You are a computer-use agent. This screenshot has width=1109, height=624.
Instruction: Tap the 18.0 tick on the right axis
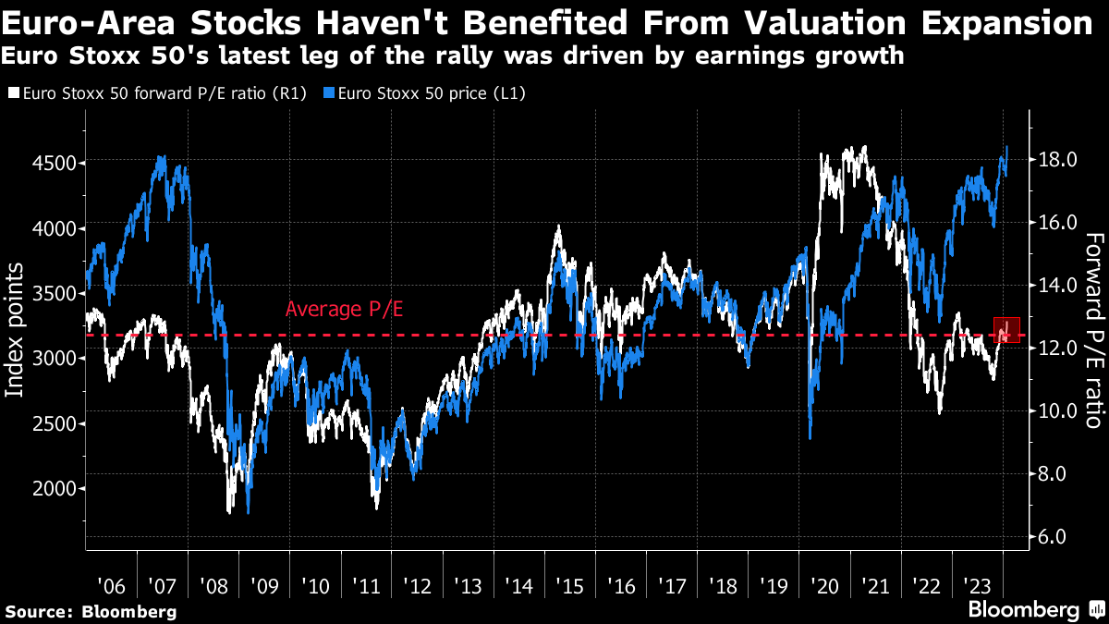1057,160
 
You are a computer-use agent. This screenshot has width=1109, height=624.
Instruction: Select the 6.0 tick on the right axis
1057,537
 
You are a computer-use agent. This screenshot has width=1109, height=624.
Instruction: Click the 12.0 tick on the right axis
1057,349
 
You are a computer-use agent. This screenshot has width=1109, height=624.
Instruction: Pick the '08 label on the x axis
213,586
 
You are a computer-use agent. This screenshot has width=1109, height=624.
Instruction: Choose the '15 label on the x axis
571,586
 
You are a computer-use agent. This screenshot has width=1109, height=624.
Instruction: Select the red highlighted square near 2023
1006,330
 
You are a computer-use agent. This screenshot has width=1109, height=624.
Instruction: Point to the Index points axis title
16,329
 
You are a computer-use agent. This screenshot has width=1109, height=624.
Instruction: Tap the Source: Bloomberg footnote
91,612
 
